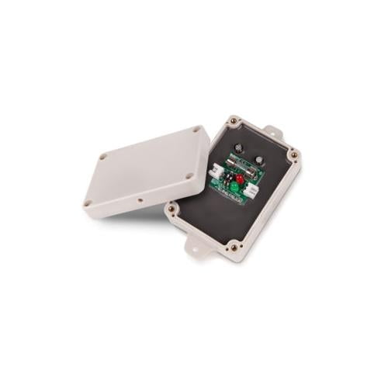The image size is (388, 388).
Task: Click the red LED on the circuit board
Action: click(x=240, y=179)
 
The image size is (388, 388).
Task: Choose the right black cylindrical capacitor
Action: click(x=258, y=160)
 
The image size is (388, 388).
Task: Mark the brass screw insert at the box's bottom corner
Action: click(x=234, y=247)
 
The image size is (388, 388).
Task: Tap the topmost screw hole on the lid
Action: click(x=196, y=130)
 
